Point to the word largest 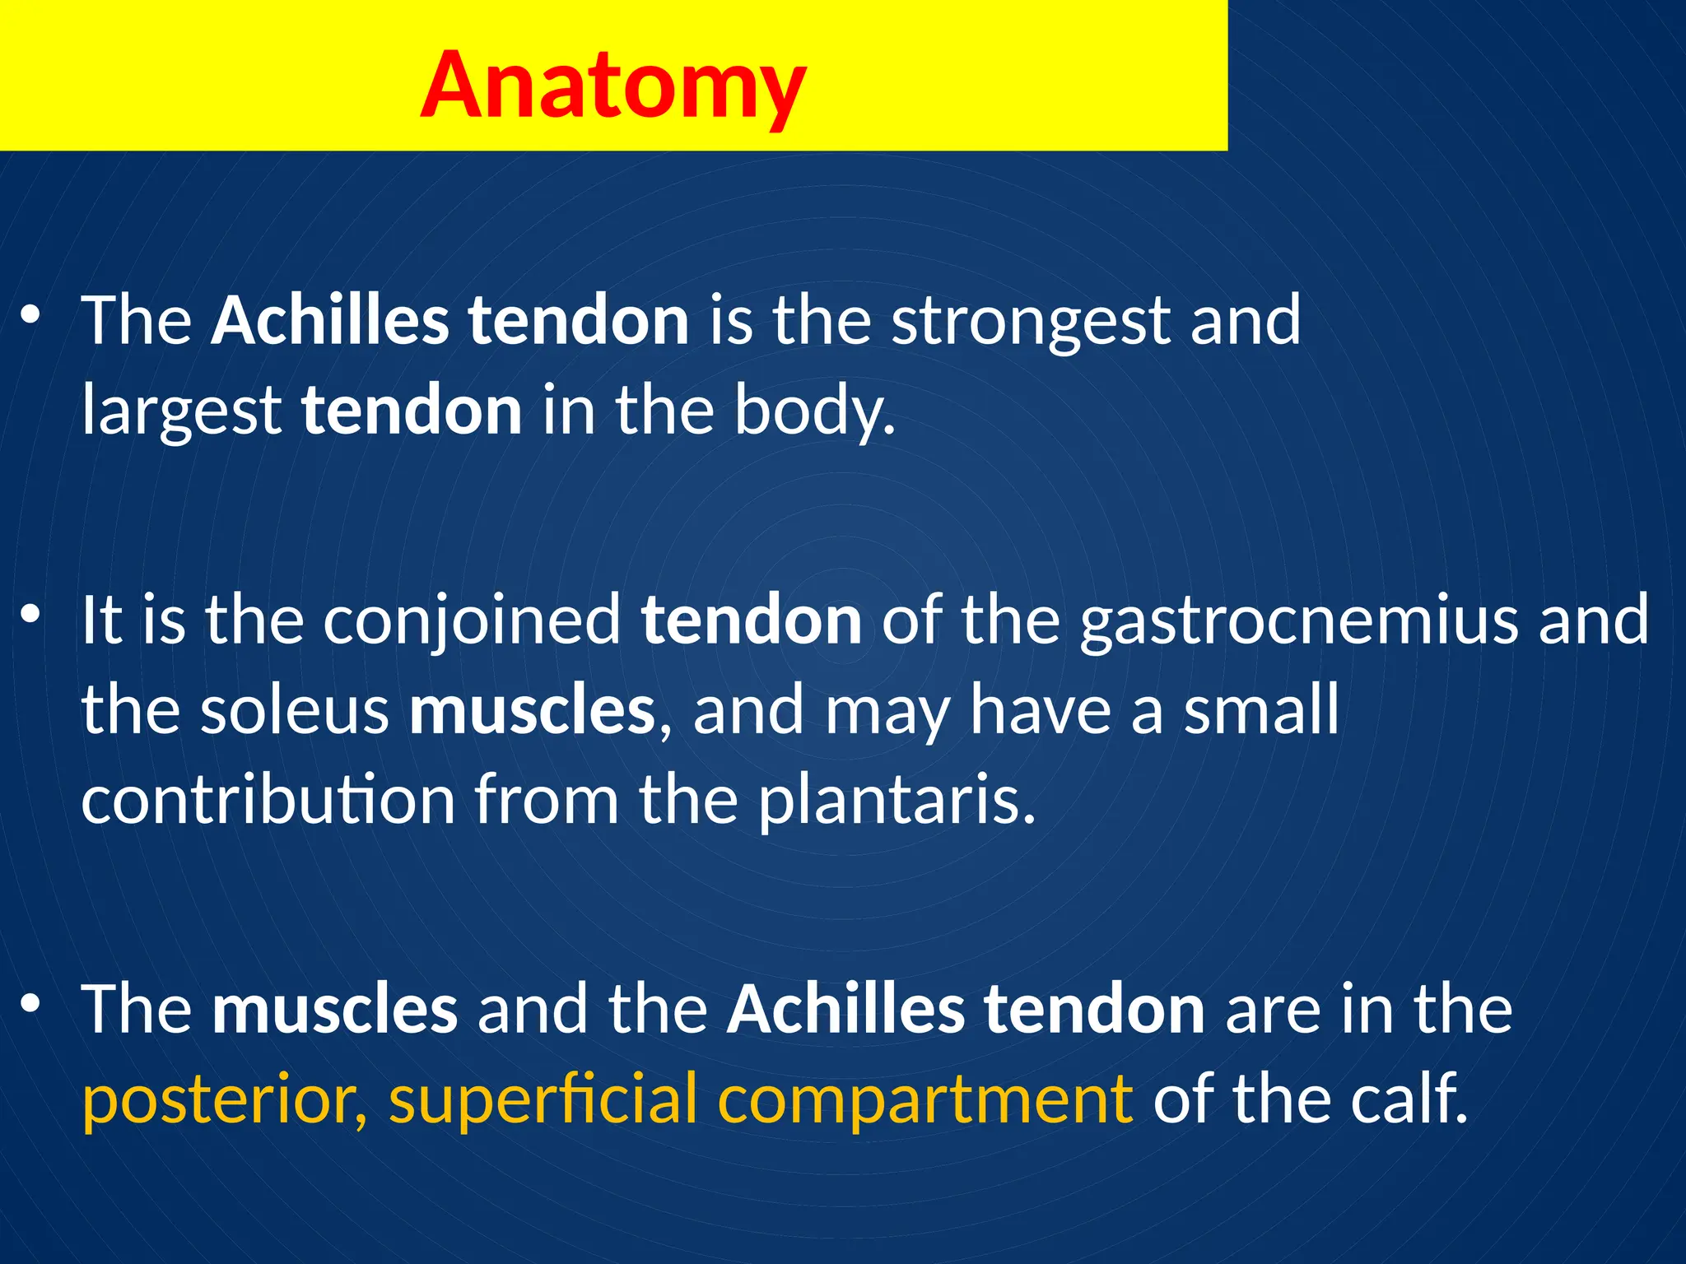click(181, 411)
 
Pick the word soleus click(294, 710)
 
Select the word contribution click(268, 801)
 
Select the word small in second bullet click(1260, 710)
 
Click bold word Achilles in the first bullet click(330, 321)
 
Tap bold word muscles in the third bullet click(334, 1010)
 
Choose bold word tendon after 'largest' click(411, 411)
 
